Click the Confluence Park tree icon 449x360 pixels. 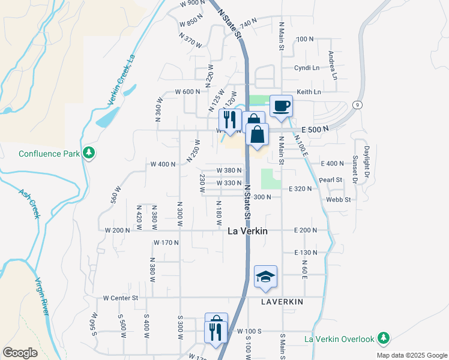click(89, 153)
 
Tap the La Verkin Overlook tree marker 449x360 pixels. click(384, 339)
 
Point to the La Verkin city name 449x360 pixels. click(247, 231)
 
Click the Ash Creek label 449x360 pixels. click(28, 204)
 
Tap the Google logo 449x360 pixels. click(20, 353)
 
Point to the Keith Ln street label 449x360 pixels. click(309, 92)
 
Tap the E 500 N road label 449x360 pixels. click(316, 129)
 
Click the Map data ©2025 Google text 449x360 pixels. click(411, 355)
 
